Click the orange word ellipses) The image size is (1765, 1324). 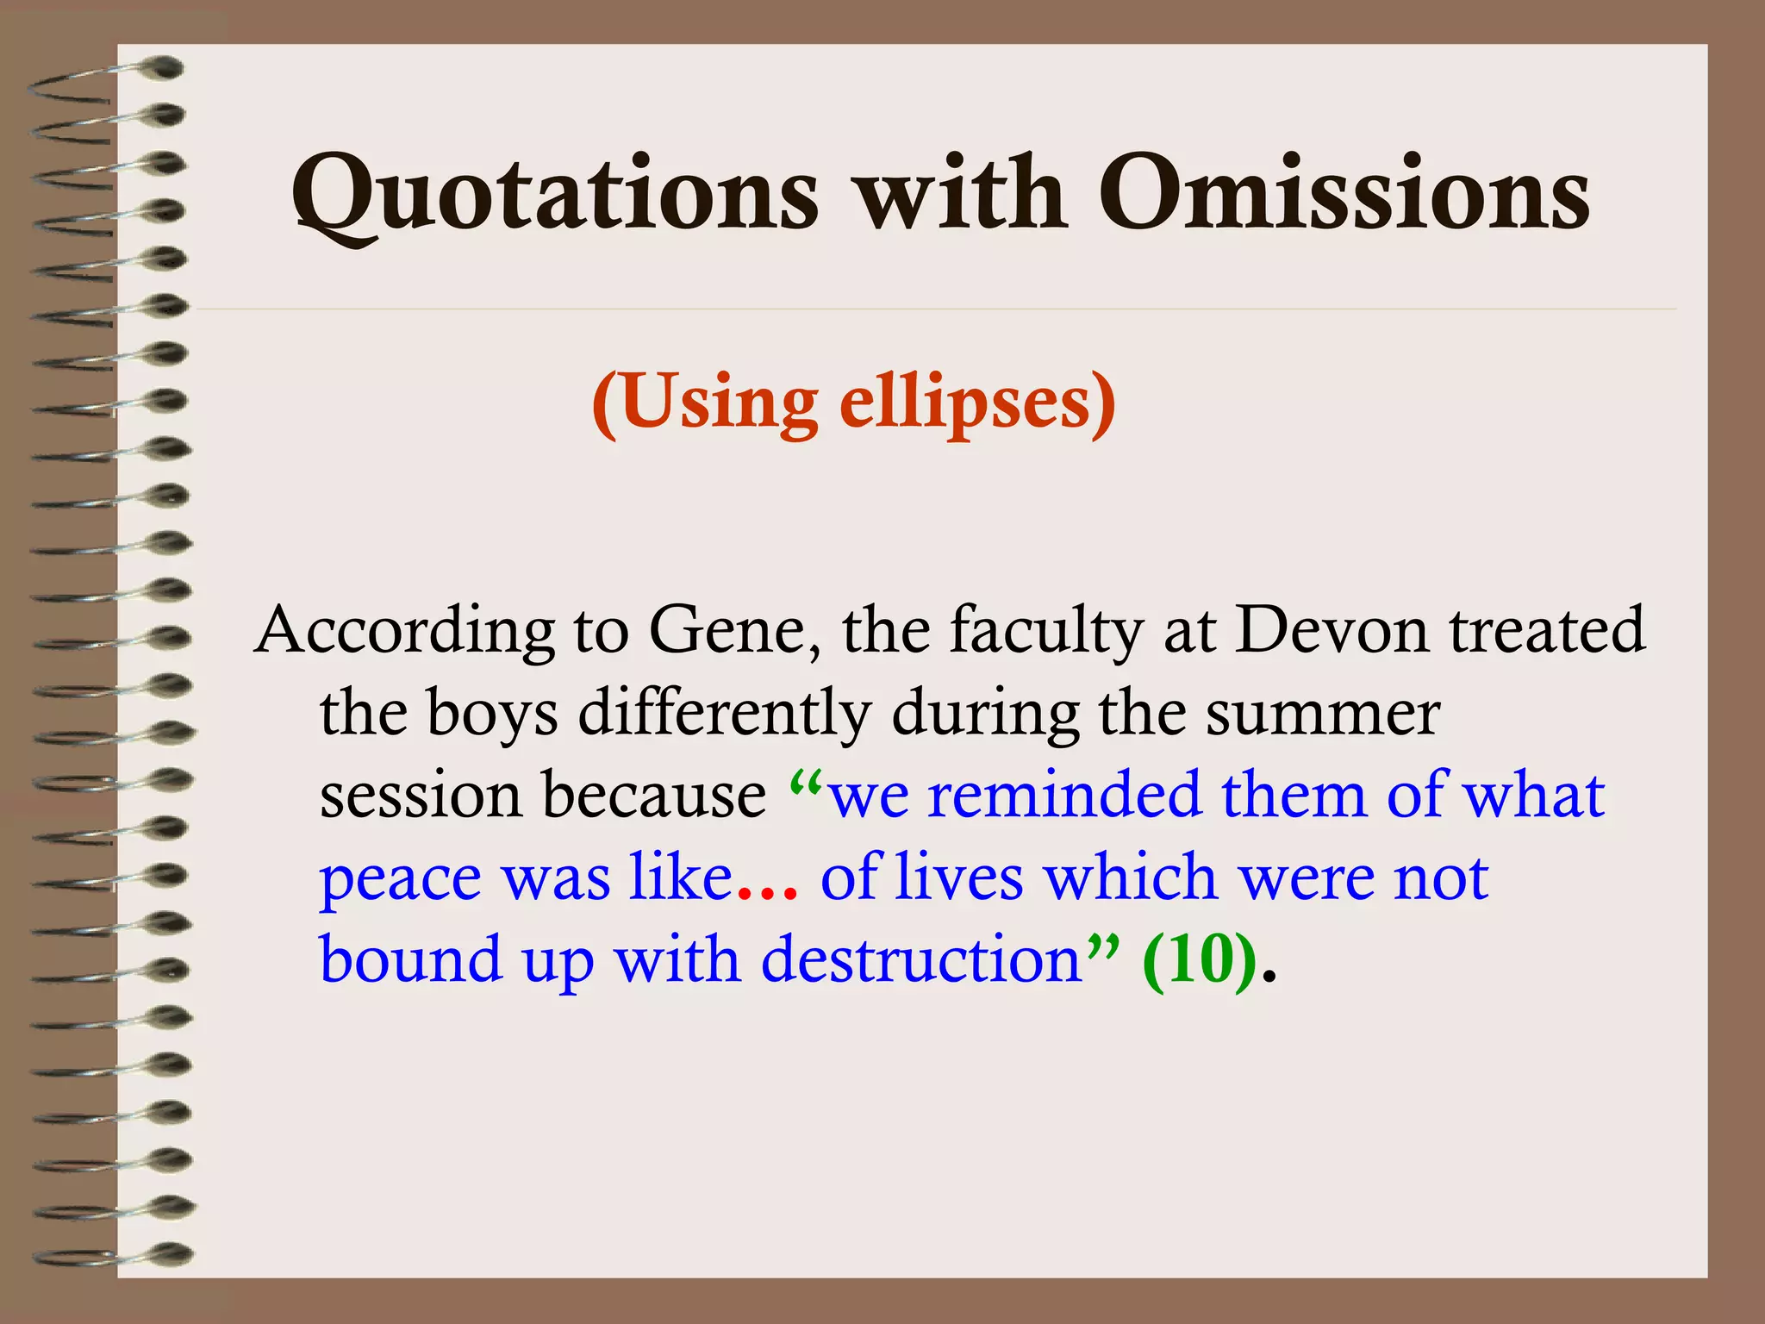(x=977, y=403)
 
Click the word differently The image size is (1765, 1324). (x=724, y=714)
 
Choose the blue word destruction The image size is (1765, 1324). (x=921, y=959)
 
